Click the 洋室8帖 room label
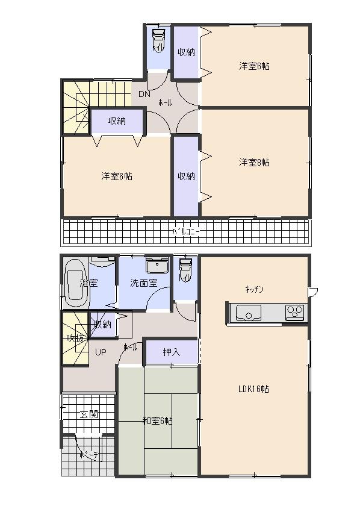pyautogui.click(x=253, y=163)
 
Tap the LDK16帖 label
pyautogui.click(x=253, y=389)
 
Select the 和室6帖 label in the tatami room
pyautogui.click(x=157, y=421)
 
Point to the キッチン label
pyautogui.click(x=253, y=289)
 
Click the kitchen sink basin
pyautogui.click(x=247, y=312)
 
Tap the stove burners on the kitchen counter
pyautogui.click(x=294, y=312)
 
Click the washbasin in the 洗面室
pyautogui.click(x=158, y=266)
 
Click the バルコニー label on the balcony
pyautogui.click(x=186, y=231)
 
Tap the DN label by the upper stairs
pyautogui.click(x=144, y=94)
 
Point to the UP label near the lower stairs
pyautogui.click(x=100, y=352)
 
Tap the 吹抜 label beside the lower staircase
pyautogui.click(x=75, y=339)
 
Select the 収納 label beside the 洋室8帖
pyautogui.click(x=186, y=176)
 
